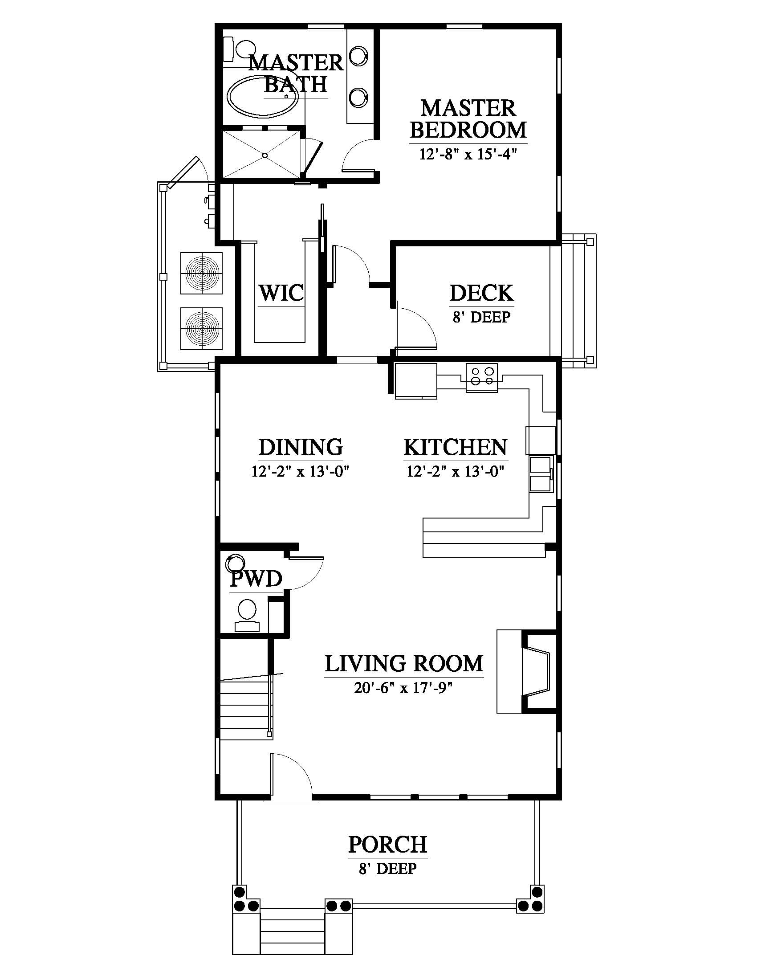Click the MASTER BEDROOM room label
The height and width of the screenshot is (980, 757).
click(x=468, y=119)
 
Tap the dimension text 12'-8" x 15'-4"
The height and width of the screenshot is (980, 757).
click(x=468, y=155)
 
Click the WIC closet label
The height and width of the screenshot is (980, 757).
click(x=281, y=293)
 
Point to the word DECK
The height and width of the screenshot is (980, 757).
click(x=482, y=293)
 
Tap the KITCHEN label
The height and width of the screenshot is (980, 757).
click(x=456, y=447)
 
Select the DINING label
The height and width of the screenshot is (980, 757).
click(x=301, y=447)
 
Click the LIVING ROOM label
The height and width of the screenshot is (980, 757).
click(x=404, y=664)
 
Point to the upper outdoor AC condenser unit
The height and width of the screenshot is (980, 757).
click(x=201, y=273)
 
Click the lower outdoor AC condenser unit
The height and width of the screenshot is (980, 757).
click(x=201, y=328)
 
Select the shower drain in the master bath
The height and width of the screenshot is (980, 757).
click(x=265, y=156)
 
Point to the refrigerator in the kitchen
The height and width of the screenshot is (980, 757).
click(x=416, y=380)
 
